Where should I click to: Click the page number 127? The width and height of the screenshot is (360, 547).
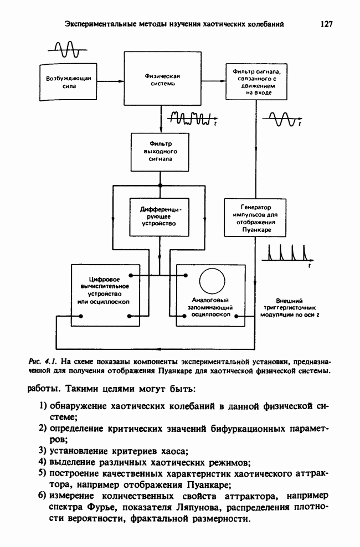(x=326, y=24)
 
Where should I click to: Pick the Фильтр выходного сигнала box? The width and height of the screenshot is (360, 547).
(x=160, y=151)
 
